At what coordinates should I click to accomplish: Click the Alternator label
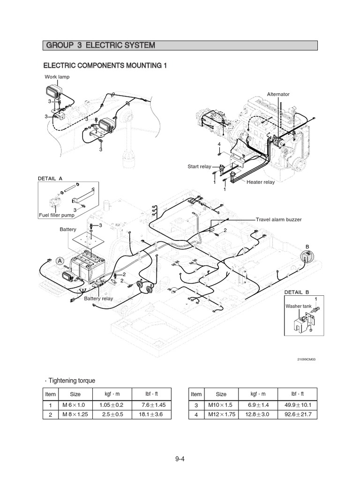[x=278, y=94]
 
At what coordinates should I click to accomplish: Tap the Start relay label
[x=199, y=166]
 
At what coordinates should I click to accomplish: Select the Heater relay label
[x=261, y=182]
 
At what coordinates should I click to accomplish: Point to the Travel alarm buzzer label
[x=278, y=219]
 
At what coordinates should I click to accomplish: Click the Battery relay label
[x=98, y=299]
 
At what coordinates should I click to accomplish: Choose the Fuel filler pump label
[x=57, y=215]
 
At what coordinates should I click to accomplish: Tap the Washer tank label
[x=299, y=306]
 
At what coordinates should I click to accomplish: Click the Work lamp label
[x=57, y=77]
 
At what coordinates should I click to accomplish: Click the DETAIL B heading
[x=297, y=292]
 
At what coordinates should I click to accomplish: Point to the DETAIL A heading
[x=50, y=179]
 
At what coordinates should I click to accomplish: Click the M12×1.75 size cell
[x=222, y=414]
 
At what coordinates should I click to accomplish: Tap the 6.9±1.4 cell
[x=258, y=405]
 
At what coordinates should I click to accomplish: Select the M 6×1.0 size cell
[x=74, y=405]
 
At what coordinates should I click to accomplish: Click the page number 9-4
[x=180, y=459]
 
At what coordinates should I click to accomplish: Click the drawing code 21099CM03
[x=306, y=360]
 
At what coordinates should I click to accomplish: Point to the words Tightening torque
[x=72, y=381]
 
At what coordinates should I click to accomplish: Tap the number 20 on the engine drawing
[x=213, y=114]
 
